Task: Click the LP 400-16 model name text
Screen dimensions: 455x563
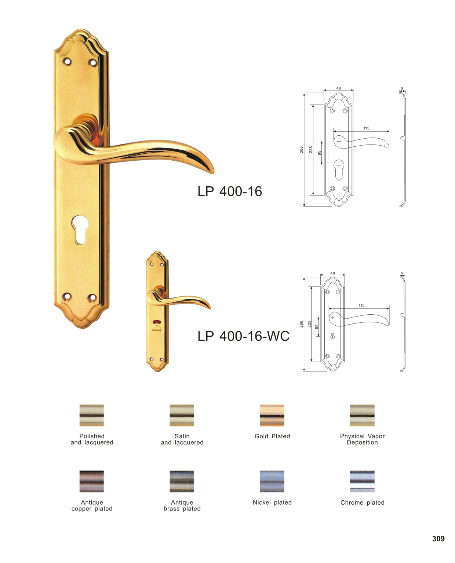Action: coord(229,191)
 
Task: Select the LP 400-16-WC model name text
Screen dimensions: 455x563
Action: coord(244,336)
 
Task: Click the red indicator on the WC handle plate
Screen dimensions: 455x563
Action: coord(157,322)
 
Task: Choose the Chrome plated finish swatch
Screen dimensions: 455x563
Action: coord(362,481)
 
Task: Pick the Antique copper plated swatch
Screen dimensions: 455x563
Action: coord(91,481)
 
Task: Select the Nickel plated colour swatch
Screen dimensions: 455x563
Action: coord(272,481)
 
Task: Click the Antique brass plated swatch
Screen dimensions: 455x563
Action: coord(182,481)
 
